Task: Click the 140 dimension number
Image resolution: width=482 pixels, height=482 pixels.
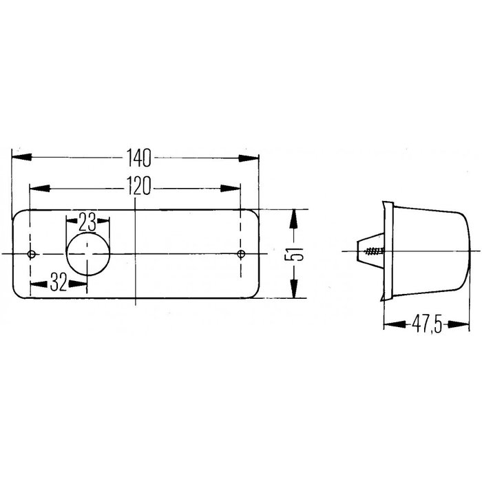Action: click(x=138, y=158)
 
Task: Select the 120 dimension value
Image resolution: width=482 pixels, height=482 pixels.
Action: click(x=138, y=187)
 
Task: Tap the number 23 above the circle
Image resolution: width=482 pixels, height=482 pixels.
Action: click(x=87, y=221)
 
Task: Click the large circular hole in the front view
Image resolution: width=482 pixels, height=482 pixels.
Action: click(x=87, y=254)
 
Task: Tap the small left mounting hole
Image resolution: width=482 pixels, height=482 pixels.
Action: click(x=31, y=255)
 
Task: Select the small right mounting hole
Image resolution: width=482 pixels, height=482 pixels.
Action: click(x=240, y=255)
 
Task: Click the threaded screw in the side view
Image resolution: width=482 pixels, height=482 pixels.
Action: click(x=373, y=253)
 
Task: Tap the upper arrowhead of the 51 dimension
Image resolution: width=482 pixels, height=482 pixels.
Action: click(x=295, y=218)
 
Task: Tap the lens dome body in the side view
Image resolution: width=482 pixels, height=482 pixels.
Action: click(x=430, y=251)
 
